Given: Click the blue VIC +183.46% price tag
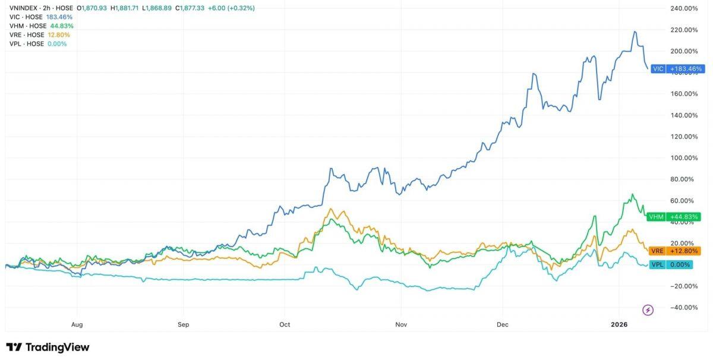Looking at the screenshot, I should [x=677, y=69].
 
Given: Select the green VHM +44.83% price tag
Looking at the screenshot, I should [x=677, y=217].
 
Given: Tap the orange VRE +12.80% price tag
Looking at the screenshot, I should [x=675, y=251].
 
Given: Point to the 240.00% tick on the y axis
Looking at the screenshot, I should [x=683, y=8].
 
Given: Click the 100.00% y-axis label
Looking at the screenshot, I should [x=683, y=158].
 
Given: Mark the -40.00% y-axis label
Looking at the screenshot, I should [x=683, y=307].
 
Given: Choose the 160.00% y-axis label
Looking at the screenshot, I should [x=683, y=94].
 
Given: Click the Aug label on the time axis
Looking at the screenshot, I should [x=77, y=325].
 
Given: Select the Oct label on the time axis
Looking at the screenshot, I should [x=285, y=325].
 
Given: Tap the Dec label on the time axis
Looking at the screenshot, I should [x=503, y=325].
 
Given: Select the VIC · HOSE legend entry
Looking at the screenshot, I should [x=26, y=17].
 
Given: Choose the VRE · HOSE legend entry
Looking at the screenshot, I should [x=27, y=35].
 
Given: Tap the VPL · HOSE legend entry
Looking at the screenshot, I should [x=26, y=44].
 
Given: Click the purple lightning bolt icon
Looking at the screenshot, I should [x=648, y=310].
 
